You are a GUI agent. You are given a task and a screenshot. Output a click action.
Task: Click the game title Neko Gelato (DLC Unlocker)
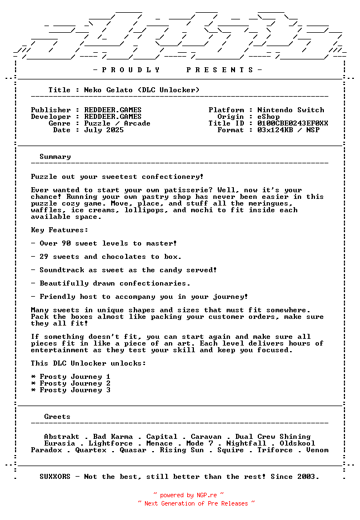[x=142, y=90]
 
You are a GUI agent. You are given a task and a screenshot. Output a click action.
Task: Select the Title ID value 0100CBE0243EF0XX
[x=293, y=123]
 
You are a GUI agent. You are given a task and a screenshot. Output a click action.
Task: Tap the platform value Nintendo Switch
[x=291, y=110]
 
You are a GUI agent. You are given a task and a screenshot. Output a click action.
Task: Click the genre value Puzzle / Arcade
[x=117, y=123]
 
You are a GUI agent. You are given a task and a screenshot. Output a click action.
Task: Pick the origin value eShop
[x=268, y=117]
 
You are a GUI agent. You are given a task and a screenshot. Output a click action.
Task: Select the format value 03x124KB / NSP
[x=288, y=130]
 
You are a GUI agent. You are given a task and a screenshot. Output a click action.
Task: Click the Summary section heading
[x=55, y=157]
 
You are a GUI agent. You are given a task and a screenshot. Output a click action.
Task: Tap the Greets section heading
[x=57, y=417]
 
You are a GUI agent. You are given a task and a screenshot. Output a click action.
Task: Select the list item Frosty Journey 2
[x=75, y=383]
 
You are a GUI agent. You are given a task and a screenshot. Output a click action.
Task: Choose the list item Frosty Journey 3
[x=75, y=390]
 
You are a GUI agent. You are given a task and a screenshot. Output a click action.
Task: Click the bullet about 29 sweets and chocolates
[x=106, y=257]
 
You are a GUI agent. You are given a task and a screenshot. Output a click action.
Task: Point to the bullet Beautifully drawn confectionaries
[x=111, y=283]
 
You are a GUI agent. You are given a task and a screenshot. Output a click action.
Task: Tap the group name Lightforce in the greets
[x=111, y=443]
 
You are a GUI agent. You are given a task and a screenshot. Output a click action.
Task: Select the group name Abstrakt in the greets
[x=62, y=437]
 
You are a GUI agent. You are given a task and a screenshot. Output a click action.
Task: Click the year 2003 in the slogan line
[x=308, y=477]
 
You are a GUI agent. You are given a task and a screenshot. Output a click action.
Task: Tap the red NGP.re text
[x=203, y=495]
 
